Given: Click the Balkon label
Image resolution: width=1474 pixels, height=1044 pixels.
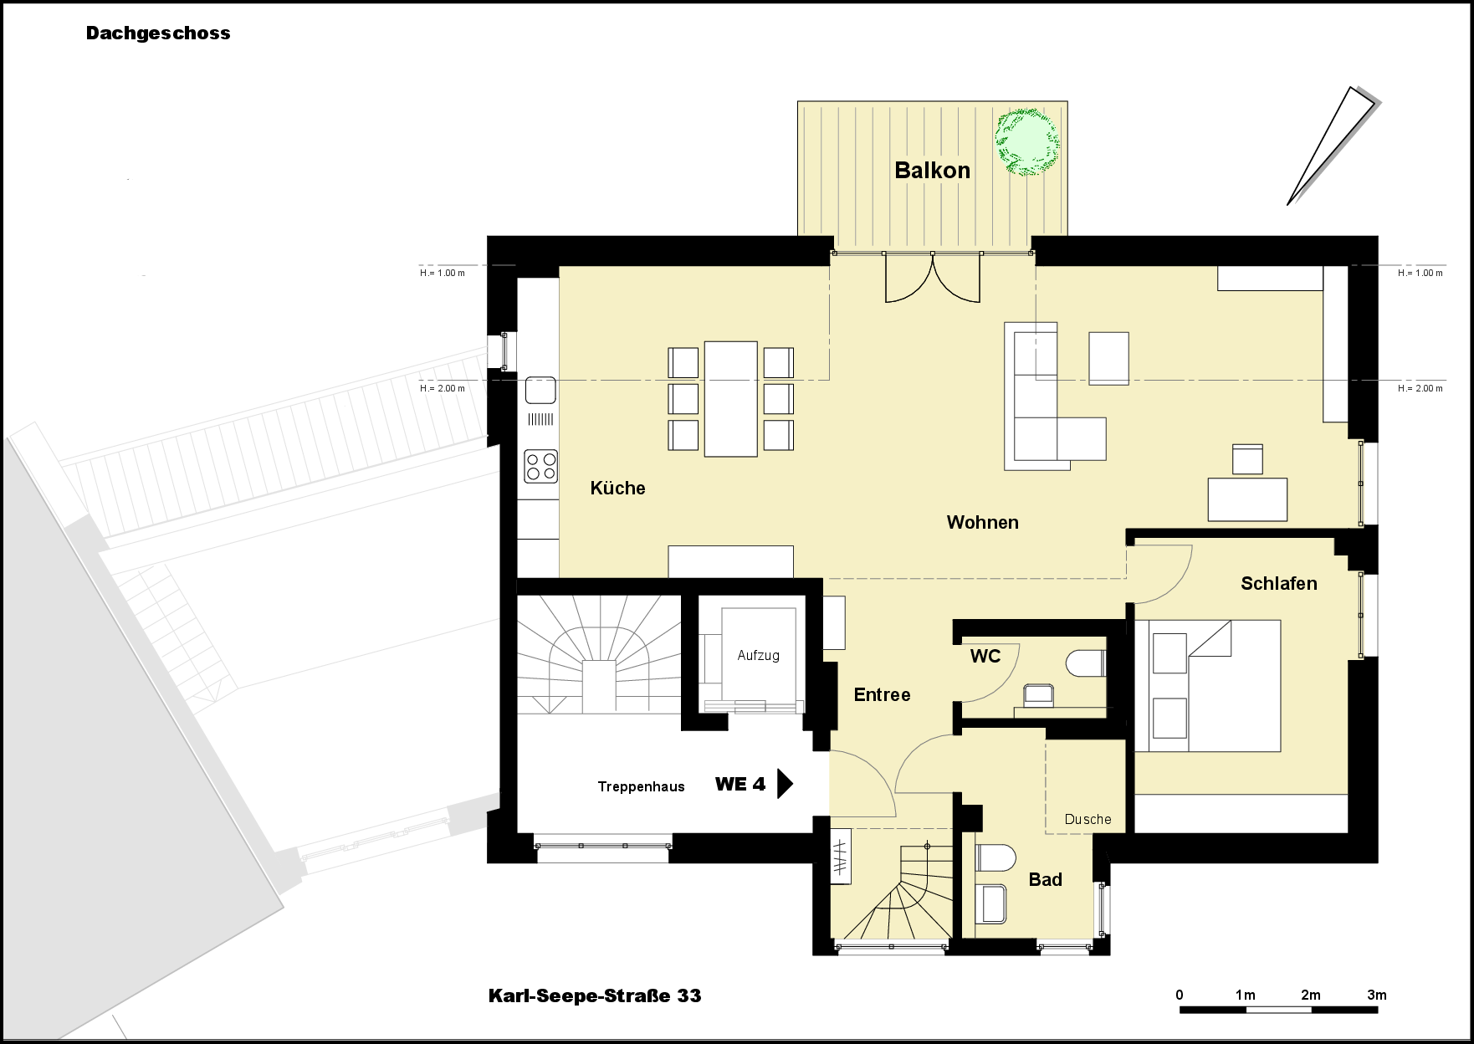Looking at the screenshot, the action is click(x=932, y=171).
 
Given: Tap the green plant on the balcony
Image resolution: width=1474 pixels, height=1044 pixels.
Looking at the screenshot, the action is click(x=1026, y=141).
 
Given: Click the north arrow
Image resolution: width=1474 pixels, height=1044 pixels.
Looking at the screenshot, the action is click(x=1331, y=146).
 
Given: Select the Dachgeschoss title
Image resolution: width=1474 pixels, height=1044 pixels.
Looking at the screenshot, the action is click(x=158, y=33).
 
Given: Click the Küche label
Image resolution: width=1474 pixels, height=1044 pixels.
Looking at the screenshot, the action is click(x=617, y=489).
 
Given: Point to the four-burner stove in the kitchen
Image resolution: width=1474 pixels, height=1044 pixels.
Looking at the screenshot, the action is click(x=540, y=466).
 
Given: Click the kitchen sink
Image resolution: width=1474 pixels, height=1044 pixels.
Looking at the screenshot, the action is click(x=540, y=391).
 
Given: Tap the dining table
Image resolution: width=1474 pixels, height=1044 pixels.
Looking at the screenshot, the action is click(x=730, y=398).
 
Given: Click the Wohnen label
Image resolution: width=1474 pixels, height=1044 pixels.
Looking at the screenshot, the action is click(x=982, y=523).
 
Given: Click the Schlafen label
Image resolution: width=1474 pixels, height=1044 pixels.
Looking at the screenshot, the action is click(x=1278, y=584).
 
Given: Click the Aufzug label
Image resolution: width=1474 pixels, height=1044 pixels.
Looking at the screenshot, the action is click(x=758, y=656).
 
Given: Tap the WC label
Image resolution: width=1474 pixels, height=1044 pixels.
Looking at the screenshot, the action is click(x=985, y=657).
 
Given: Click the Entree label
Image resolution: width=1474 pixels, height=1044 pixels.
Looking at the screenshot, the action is click(x=882, y=695).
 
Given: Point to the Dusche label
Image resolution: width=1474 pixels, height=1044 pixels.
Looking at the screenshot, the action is click(x=1088, y=820).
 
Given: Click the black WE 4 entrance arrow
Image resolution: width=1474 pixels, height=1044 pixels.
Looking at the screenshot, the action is click(x=785, y=784).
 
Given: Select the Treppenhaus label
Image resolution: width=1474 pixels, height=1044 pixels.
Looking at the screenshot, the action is click(x=641, y=787).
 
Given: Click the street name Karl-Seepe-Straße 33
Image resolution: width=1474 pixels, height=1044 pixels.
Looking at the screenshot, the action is click(x=595, y=996).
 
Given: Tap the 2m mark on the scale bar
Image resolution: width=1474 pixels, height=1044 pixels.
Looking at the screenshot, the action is click(x=1311, y=995).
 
